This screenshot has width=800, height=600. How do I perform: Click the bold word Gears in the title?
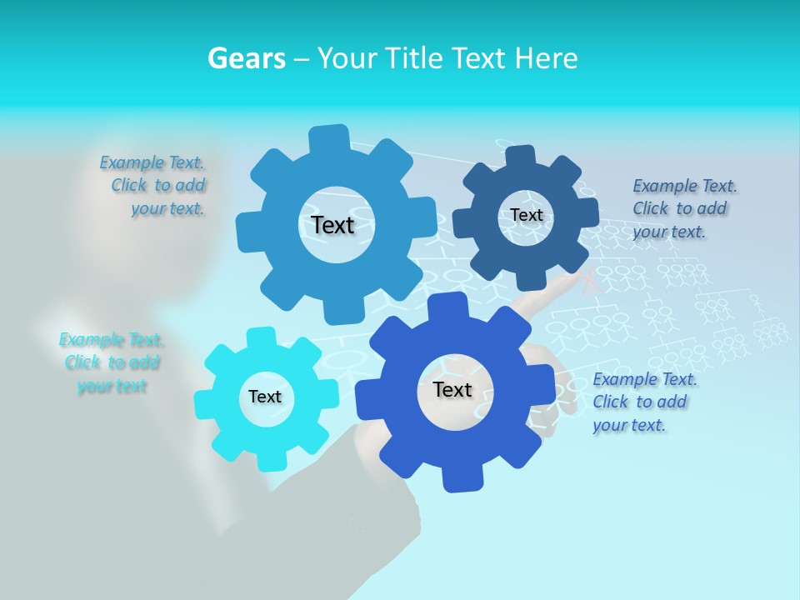246,58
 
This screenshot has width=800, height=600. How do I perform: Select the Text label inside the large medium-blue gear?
332,225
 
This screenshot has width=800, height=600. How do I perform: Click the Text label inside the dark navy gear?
527,215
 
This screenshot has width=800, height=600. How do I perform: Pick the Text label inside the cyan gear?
265,397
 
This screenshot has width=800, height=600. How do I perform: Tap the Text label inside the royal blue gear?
452,389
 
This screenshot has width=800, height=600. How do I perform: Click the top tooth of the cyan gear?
262,337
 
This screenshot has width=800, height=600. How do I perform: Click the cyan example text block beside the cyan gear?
111,362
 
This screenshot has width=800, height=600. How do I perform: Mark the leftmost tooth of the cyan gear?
202,404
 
